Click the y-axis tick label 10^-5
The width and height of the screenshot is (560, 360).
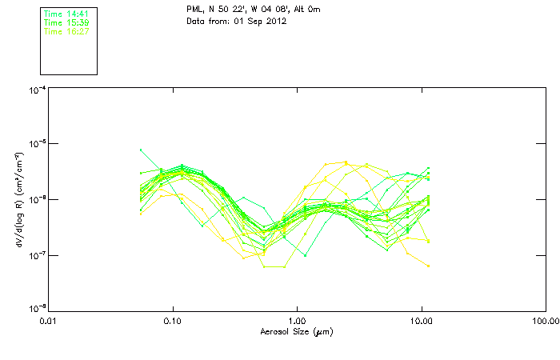click(37, 145)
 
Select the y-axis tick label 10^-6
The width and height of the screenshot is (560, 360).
click(37, 200)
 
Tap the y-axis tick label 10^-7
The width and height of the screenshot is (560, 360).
click(37, 255)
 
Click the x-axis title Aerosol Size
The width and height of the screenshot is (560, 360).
click(296, 331)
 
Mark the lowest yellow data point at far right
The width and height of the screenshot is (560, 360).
click(429, 266)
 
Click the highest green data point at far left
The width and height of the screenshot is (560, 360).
click(141, 150)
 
